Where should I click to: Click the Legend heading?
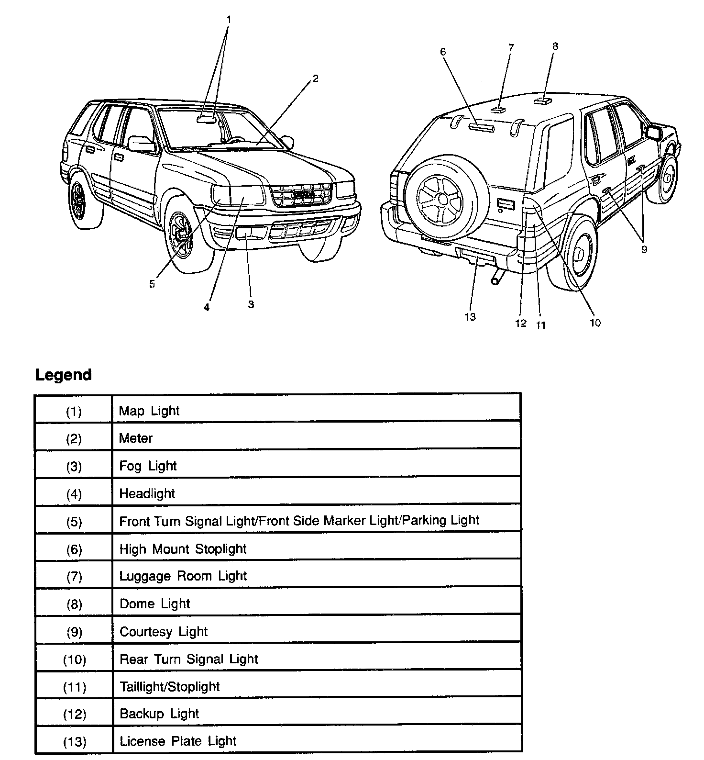(x=63, y=375)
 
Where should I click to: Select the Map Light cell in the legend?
(x=149, y=411)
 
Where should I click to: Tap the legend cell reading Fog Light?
(x=148, y=466)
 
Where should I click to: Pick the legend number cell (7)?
(x=74, y=577)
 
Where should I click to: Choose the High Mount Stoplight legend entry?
(x=183, y=548)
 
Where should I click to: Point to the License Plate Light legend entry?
(x=178, y=741)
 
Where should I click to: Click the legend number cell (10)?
(x=74, y=660)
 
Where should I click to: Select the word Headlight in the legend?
(x=147, y=493)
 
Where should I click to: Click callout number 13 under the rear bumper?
(x=470, y=317)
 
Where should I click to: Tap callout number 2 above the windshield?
(x=316, y=79)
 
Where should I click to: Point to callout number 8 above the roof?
(x=555, y=46)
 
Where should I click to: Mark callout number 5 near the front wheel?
(x=152, y=284)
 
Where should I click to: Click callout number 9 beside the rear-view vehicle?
(x=644, y=249)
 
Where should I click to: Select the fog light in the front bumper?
(x=245, y=233)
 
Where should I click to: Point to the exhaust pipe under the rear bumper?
(x=497, y=277)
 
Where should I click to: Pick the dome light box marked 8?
(x=542, y=101)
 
